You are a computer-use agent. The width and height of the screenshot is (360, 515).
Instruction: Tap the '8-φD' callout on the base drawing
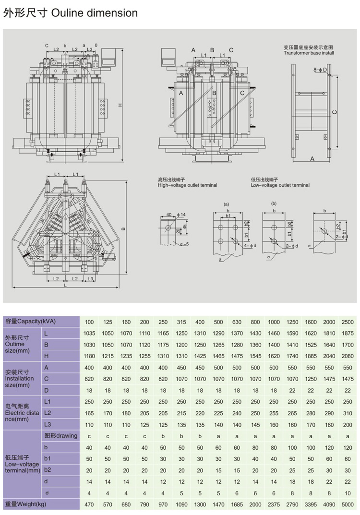320,70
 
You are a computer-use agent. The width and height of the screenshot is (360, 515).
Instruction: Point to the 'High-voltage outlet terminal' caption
187,185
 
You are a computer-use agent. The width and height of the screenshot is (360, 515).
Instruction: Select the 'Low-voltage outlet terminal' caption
280,185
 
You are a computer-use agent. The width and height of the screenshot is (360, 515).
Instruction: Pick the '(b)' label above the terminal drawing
274,203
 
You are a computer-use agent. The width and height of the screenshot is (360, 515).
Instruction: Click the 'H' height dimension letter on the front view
120,106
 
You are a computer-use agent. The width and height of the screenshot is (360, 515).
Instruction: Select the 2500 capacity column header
348,322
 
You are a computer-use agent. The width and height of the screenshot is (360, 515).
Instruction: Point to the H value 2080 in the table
348,356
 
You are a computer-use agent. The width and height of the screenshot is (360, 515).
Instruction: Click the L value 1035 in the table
89,333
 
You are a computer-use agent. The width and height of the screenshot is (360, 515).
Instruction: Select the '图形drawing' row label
60,436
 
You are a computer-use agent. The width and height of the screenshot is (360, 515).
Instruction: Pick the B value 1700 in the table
348,345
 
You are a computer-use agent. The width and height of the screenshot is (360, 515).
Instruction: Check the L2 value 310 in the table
348,413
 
